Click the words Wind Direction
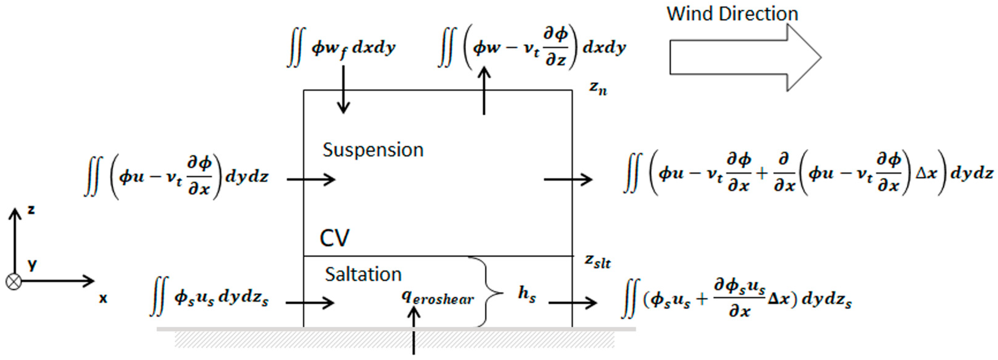[732, 14]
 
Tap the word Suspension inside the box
[373, 150]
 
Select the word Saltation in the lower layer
[363, 274]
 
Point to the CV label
[334, 238]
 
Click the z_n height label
[598, 88]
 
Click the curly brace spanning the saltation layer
[486, 291]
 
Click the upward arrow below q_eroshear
[414, 329]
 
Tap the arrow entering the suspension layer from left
[311, 180]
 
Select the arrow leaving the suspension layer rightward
[568, 180]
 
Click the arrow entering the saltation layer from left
[310, 303]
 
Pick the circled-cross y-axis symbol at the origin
[14, 282]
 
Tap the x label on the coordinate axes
[103, 298]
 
